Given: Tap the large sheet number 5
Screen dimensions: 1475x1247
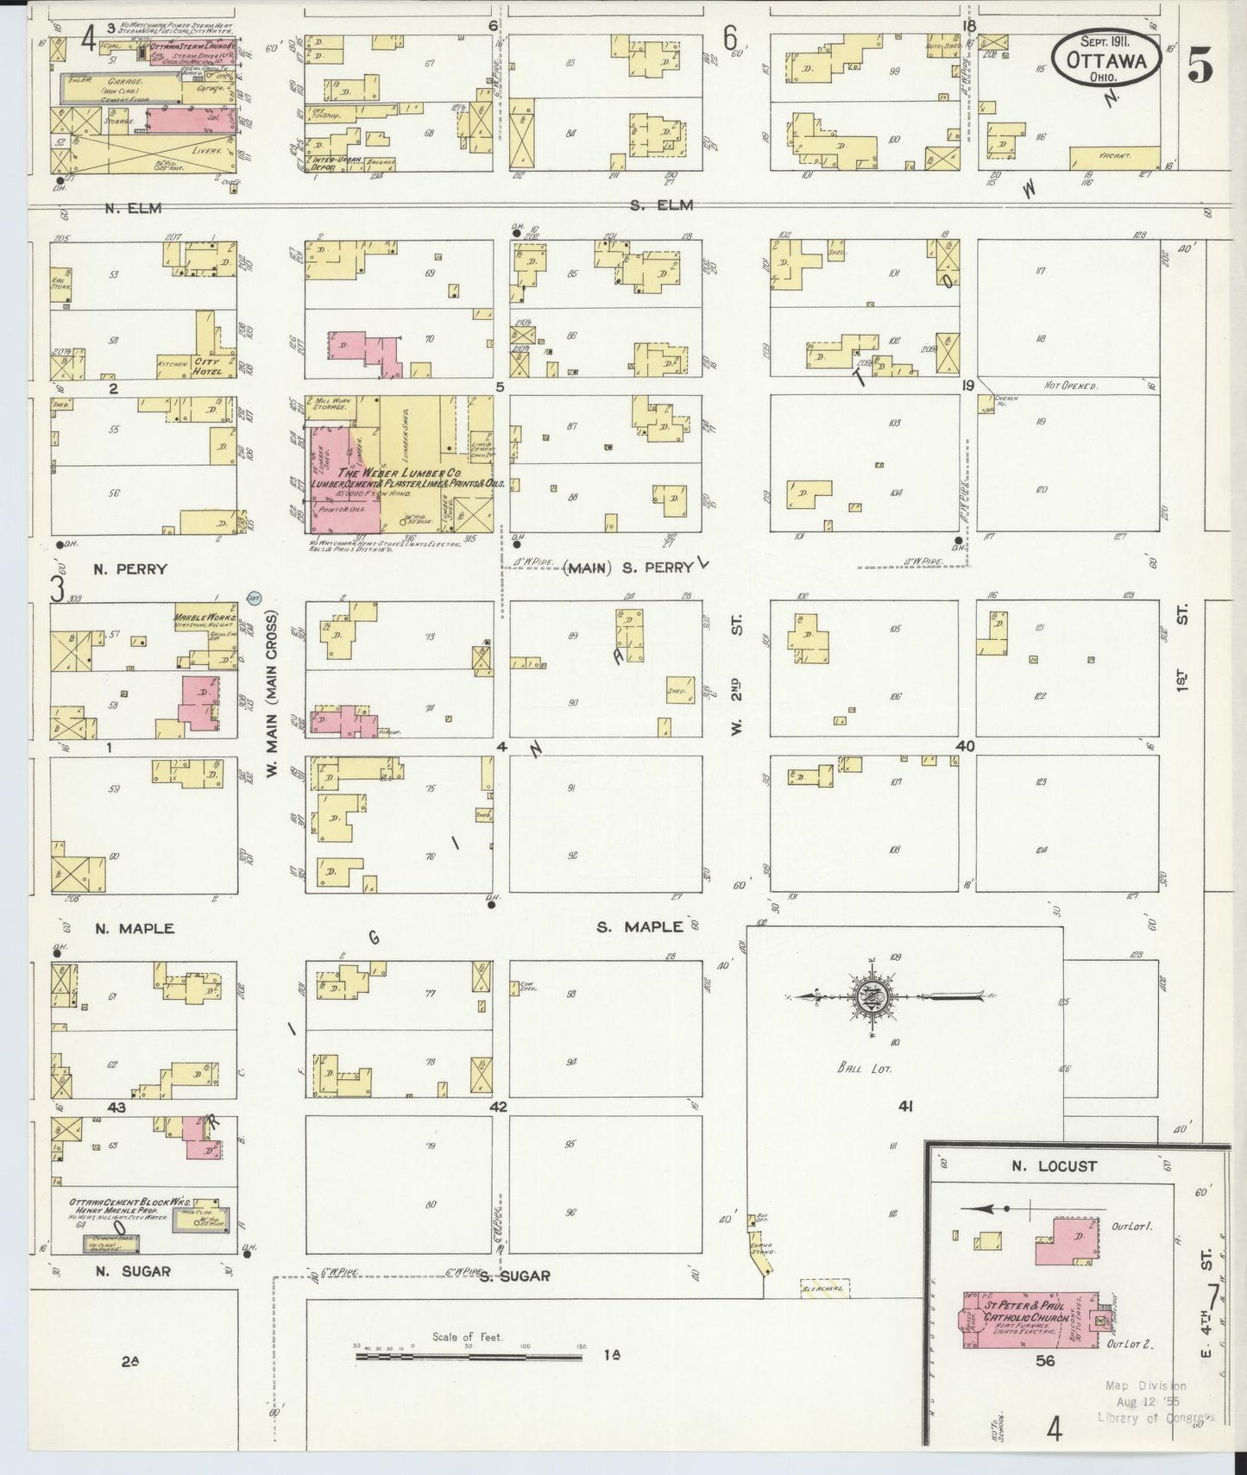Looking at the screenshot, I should click(1200, 65).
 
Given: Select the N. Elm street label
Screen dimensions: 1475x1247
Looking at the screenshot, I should click(132, 207).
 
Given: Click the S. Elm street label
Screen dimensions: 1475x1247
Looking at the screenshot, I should click(655, 205).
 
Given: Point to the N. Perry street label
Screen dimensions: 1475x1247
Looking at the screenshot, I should click(129, 569).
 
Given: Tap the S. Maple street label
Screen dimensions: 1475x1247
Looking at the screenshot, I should click(639, 927).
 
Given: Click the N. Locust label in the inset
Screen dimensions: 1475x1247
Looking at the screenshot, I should click(1053, 1166).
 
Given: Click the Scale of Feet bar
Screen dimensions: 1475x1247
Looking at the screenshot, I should click(469, 1357).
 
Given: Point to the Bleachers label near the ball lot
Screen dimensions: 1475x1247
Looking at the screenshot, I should click(825, 1288).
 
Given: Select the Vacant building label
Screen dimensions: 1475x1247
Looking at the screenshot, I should click(1114, 156).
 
